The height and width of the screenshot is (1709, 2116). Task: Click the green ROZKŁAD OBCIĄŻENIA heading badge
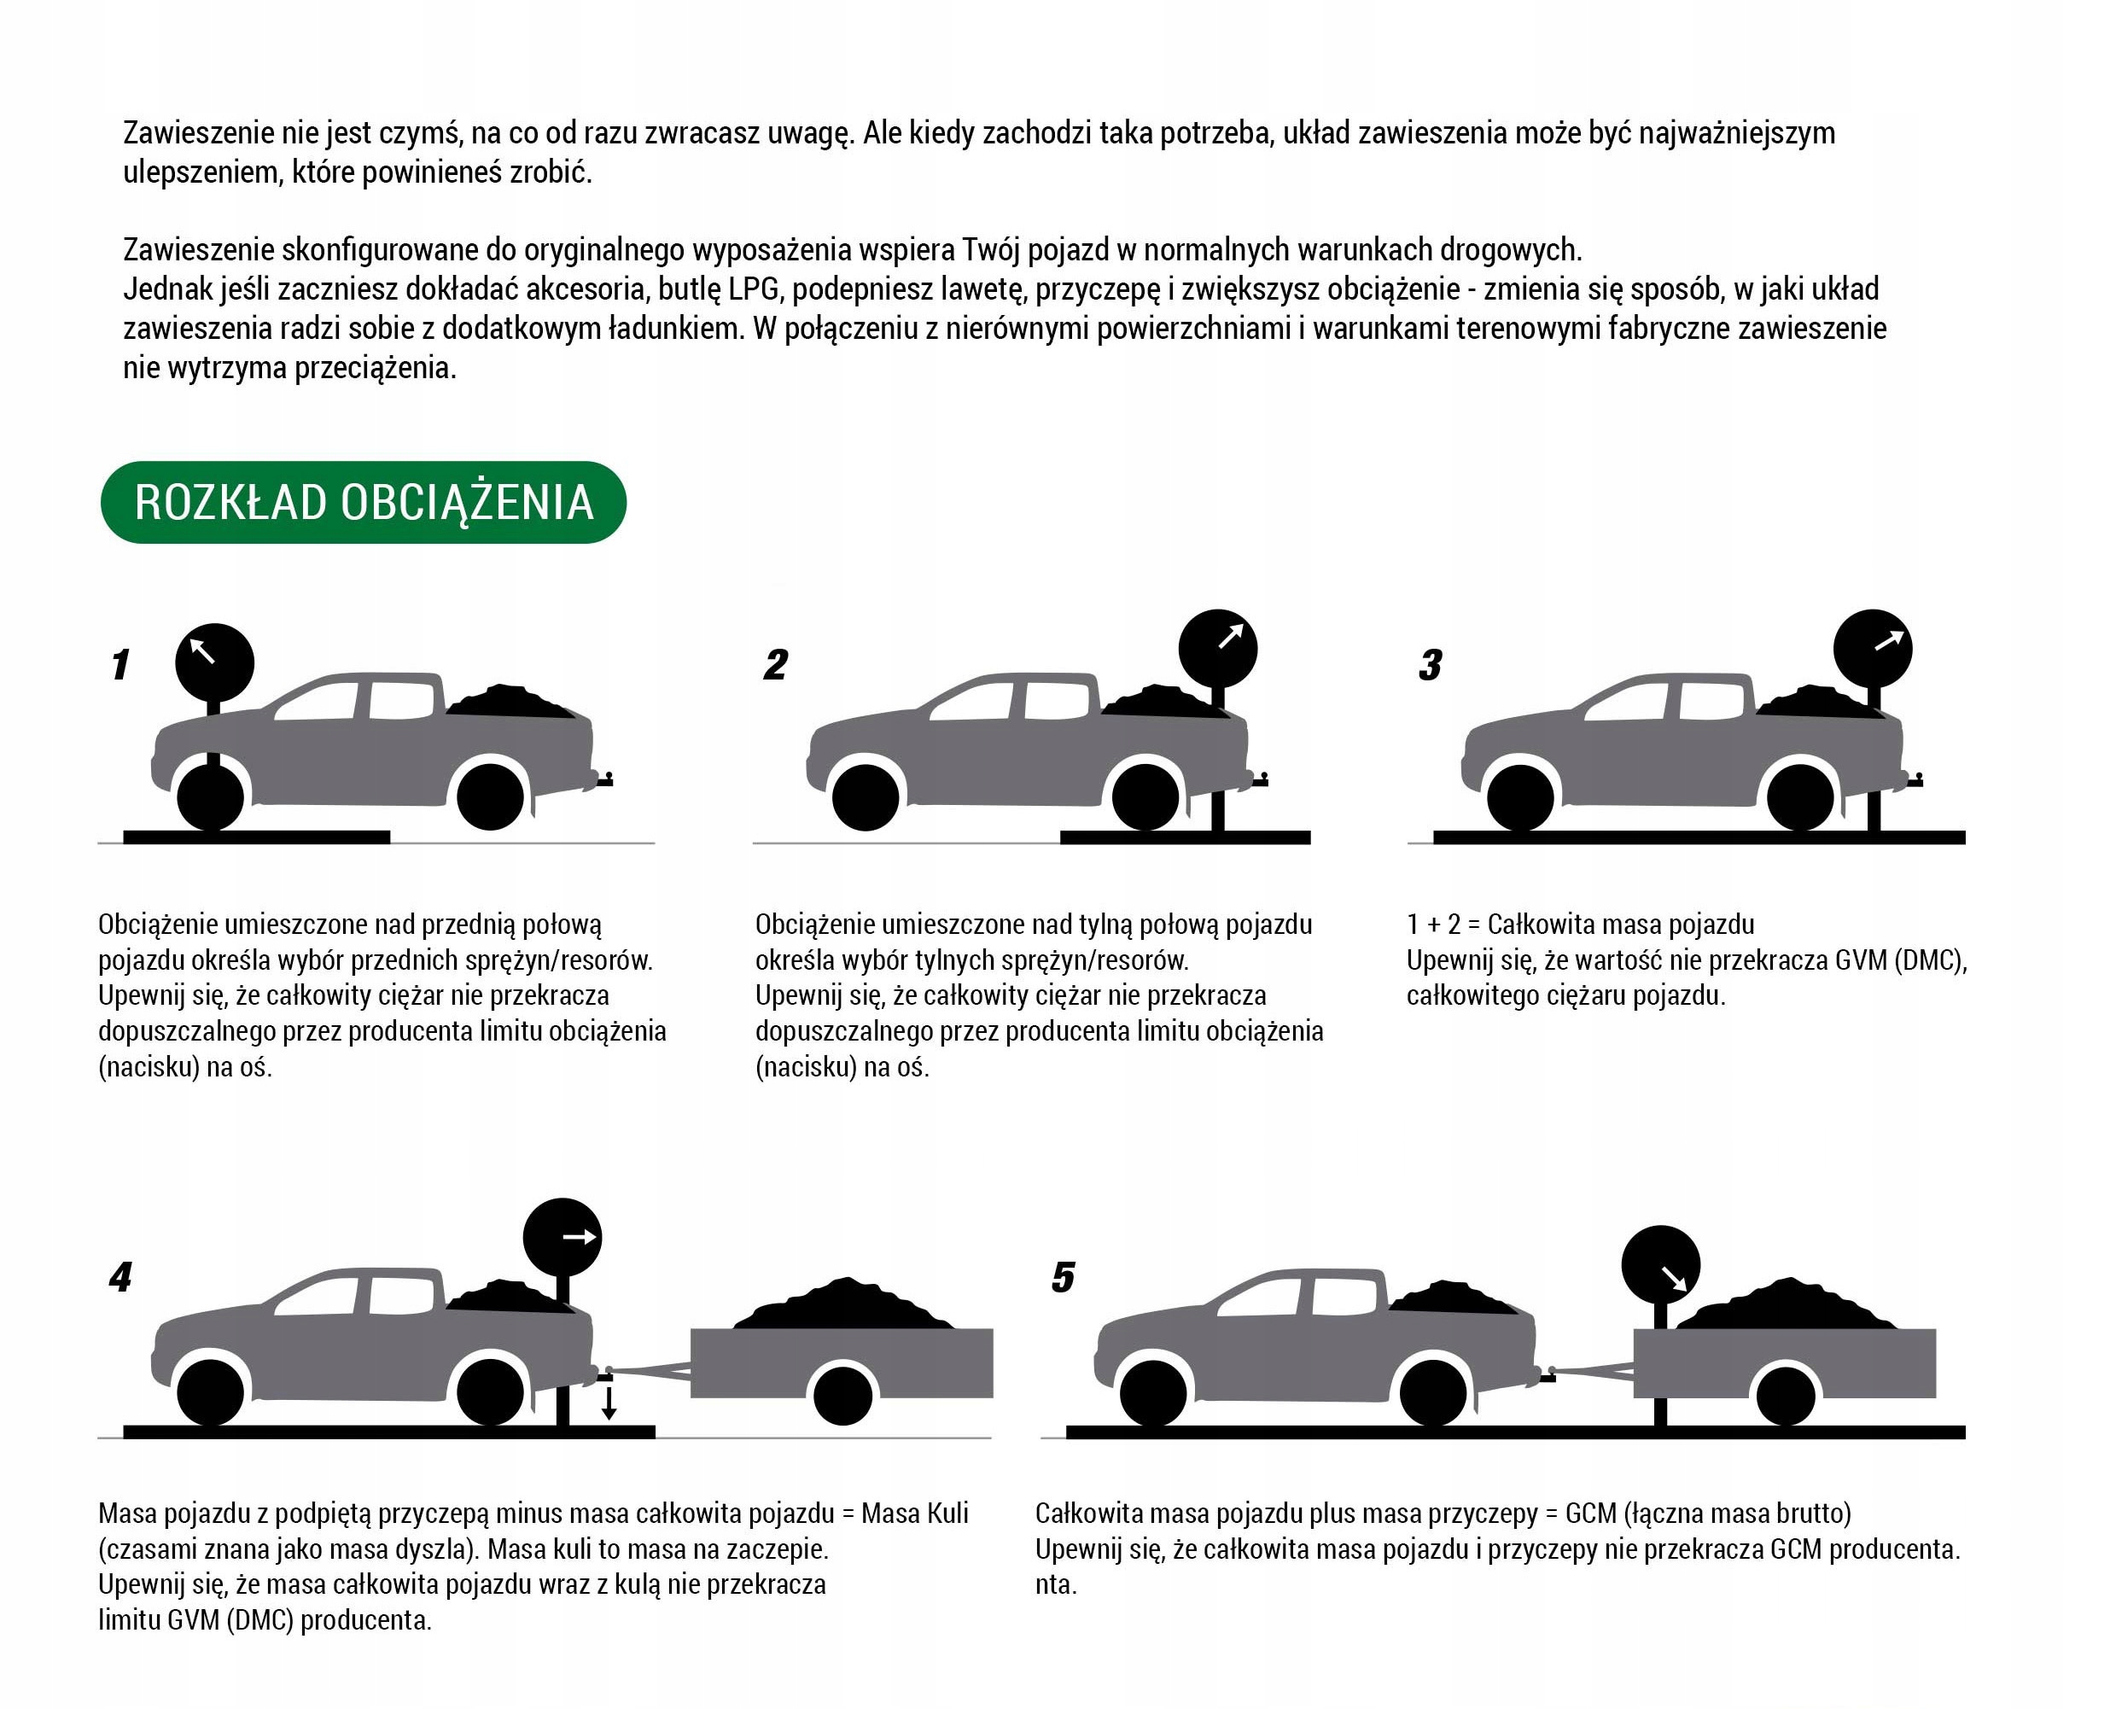pos(363,502)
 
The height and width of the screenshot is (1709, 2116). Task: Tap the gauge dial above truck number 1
pos(214,662)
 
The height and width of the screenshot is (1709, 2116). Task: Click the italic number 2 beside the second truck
pos(776,666)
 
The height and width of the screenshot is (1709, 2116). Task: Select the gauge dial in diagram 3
pos(1873,649)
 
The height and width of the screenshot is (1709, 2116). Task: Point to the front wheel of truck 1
pos(211,797)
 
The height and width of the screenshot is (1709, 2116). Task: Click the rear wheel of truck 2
pos(1145,797)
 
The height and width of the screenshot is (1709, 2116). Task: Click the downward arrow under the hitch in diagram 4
pos(609,1403)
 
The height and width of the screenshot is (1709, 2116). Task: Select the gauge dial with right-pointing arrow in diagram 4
pos(562,1238)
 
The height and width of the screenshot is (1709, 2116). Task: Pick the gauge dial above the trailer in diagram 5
pos(1660,1265)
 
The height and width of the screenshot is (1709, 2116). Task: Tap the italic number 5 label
pos(1063,1278)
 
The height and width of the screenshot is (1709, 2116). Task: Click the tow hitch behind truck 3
pos(1915,781)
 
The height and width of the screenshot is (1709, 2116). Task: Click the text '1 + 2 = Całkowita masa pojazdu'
pos(1581,924)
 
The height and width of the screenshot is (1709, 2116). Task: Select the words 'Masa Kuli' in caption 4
pos(914,1514)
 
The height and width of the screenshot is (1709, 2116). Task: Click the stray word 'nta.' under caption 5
pos(1055,1584)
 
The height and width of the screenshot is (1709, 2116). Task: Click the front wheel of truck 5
pos(1153,1394)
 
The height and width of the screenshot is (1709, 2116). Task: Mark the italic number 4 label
pos(121,1278)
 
